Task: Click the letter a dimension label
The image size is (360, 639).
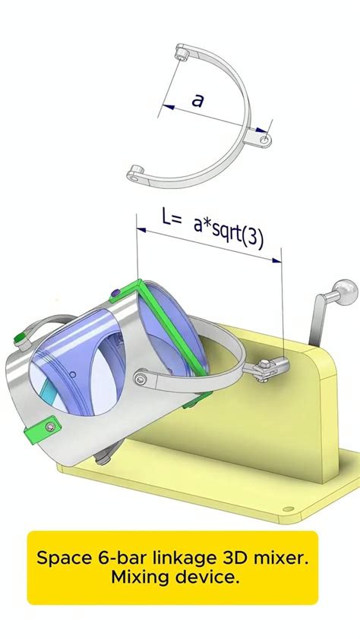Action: tap(197, 99)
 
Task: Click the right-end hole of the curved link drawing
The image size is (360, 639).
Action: tap(263, 140)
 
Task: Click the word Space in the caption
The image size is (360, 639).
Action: tap(59, 558)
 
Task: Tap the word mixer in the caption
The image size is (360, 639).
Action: tap(281, 558)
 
